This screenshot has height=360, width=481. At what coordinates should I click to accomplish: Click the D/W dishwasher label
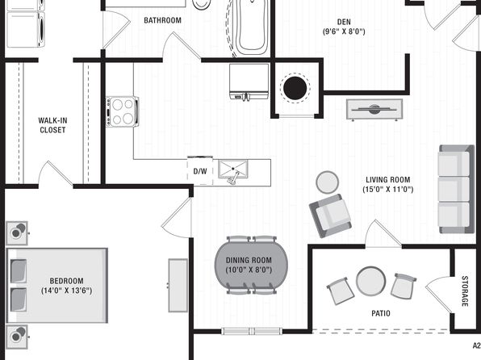coord(200,171)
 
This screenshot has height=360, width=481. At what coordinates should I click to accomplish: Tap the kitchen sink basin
coord(232,169)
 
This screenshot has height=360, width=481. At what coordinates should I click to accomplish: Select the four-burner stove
coord(123,111)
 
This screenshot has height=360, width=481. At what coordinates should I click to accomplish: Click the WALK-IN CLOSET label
coord(52,125)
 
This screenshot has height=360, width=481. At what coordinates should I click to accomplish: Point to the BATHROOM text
coord(162,20)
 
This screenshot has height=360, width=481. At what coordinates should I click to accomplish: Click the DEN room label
coord(344,22)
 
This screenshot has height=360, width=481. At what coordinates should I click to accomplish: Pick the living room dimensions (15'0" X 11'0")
coord(388,190)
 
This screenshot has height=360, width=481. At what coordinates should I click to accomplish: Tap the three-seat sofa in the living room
coord(457,189)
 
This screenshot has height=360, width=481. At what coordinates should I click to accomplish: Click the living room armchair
coord(330,216)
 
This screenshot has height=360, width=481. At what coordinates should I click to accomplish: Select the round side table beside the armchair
coord(328,182)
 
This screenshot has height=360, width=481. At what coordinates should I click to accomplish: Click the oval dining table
coord(251,266)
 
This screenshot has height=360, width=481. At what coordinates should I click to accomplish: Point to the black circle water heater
coord(295,88)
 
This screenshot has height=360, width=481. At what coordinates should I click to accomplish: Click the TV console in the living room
coord(374,109)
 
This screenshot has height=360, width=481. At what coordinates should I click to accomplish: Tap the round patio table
coord(371,281)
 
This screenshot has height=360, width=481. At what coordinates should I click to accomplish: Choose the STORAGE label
coord(465,291)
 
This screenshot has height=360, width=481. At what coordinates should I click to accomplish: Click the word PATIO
coord(381,313)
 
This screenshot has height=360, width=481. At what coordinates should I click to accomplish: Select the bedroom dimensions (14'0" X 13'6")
coord(66,291)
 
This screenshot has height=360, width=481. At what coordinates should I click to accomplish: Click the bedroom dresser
coord(178,286)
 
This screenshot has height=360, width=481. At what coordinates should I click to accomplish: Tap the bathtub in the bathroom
coord(252,27)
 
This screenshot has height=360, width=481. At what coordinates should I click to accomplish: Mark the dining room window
coord(252,331)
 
